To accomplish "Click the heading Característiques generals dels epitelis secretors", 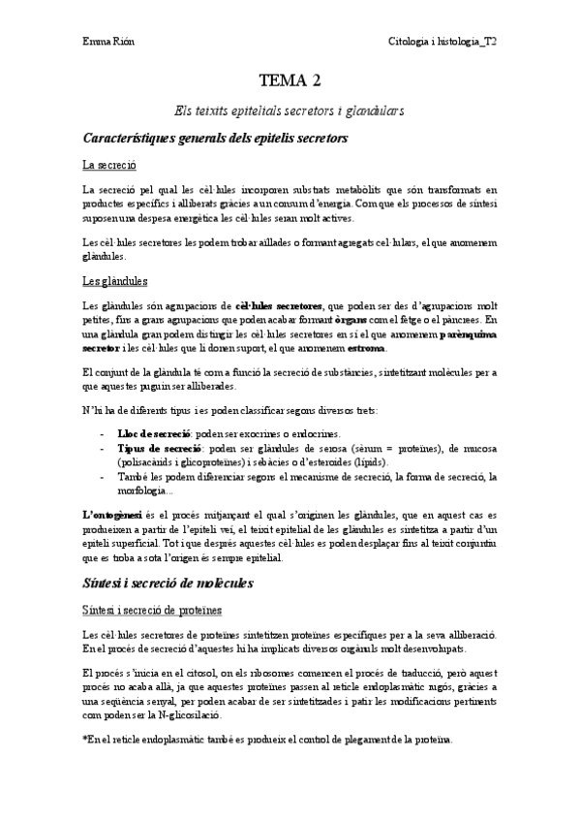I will click(x=215, y=139).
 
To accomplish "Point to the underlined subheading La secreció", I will click(x=108, y=165).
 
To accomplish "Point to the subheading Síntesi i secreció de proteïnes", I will click(x=153, y=610).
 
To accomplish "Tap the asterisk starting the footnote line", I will click(x=85, y=740).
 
